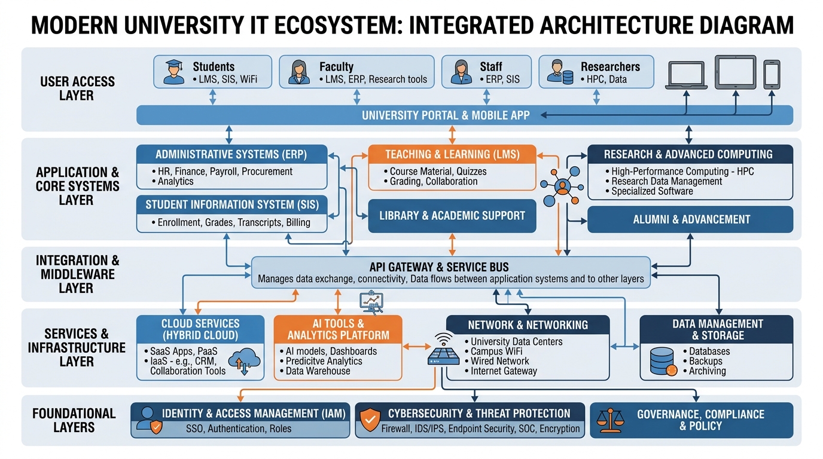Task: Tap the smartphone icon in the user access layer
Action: pos(772,74)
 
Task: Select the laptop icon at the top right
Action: pos(687,75)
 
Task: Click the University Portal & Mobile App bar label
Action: pos(446,115)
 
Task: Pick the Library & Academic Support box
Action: pos(452,216)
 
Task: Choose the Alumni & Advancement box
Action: pos(690,219)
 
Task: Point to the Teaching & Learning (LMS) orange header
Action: pos(452,154)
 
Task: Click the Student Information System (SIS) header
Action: pos(232,205)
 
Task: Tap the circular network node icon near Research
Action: pos(562,186)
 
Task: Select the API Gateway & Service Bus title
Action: pos(439,267)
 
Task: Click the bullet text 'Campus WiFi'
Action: pos(496,351)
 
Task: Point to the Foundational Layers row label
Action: pos(74,420)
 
